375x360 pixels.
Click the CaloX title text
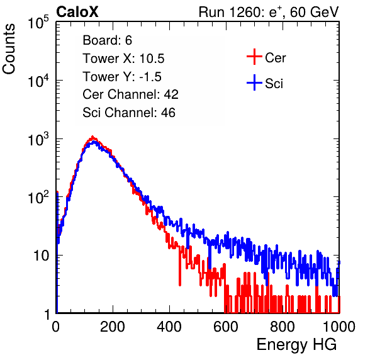[77, 12]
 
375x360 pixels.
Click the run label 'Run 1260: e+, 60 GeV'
[269, 12]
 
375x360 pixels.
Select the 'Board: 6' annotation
[107, 40]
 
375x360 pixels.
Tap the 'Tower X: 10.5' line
[123, 59]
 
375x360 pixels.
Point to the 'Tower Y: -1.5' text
[122, 77]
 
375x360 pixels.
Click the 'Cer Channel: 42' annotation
[130, 94]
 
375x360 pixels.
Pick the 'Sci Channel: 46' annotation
[129, 113]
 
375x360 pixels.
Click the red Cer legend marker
[254, 57]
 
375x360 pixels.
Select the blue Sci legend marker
[254, 82]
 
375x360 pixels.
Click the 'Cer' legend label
[275, 58]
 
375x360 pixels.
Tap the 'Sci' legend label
[274, 84]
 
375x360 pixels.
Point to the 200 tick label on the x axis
[113, 326]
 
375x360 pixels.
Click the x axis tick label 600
[226, 326]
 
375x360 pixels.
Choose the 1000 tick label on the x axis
[339, 326]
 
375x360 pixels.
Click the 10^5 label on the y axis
[38, 23]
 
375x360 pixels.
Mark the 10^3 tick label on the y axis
[38, 139]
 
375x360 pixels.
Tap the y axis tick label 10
[41, 256]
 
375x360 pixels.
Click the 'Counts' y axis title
[9, 49]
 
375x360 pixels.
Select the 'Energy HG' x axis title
[296, 345]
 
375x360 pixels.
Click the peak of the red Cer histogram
[92, 137]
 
